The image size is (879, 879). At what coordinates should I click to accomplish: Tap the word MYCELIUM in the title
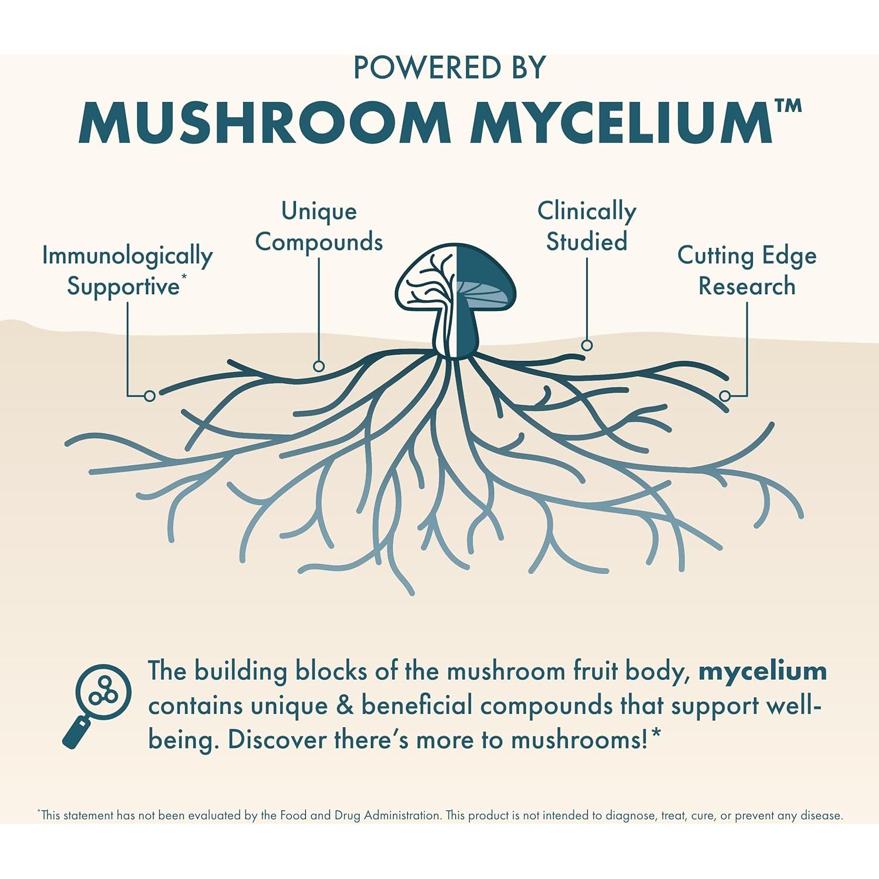(621, 122)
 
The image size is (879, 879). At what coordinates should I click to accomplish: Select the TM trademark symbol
(788, 106)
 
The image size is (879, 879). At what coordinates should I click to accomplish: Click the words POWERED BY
(449, 68)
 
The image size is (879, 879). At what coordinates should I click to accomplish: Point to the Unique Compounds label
(319, 226)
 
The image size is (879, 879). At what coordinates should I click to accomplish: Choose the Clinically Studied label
(587, 226)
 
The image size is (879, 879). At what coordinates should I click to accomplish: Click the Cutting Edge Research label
(747, 271)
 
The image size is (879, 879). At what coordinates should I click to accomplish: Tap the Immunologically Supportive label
(127, 271)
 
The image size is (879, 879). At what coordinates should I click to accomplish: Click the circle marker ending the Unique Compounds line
(319, 366)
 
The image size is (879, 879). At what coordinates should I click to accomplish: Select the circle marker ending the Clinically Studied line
(587, 345)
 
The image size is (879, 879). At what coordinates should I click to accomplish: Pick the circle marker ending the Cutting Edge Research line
(725, 396)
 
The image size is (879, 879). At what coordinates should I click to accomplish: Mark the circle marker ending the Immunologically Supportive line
(149, 396)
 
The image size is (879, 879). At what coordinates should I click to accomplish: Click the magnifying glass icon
(98, 703)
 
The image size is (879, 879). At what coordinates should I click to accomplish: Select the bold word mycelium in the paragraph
(762, 671)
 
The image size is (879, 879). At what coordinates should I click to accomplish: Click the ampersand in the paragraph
(345, 706)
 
